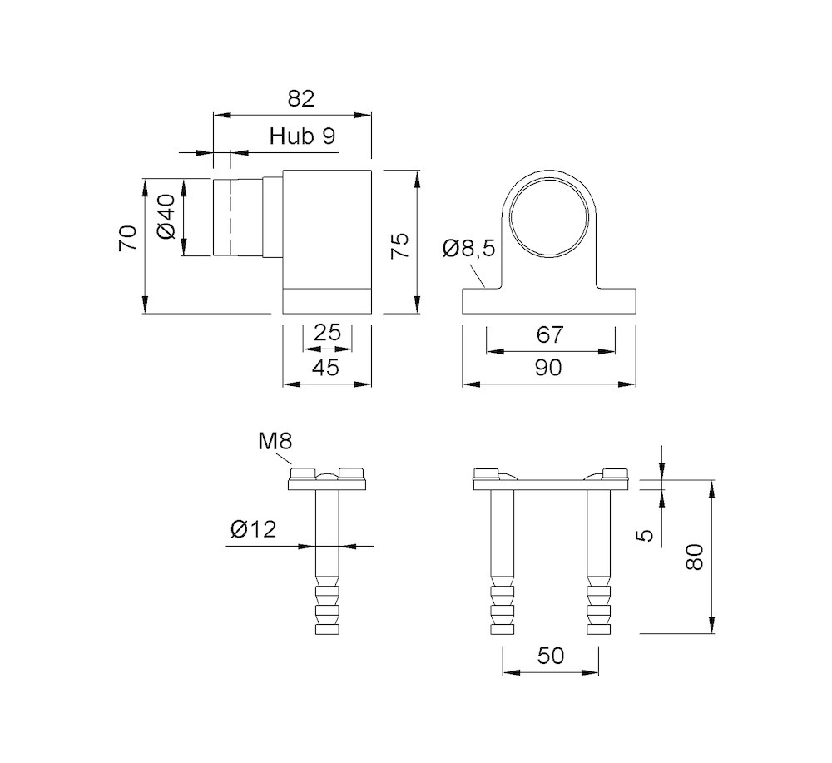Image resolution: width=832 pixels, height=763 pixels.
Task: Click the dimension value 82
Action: point(300,99)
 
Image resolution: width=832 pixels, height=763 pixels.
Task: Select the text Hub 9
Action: point(303,137)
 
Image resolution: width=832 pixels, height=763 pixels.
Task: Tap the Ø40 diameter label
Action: point(165,216)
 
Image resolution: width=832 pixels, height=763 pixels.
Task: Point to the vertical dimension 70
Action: point(126,238)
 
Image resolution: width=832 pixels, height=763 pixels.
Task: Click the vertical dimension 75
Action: point(400,247)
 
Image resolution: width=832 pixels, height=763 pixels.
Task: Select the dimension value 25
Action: point(328,333)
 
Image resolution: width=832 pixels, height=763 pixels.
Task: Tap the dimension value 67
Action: point(550,334)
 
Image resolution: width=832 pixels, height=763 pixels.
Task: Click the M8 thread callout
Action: point(275,441)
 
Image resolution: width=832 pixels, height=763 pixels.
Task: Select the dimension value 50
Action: point(550,656)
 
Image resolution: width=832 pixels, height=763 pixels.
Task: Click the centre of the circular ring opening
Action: point(550,217)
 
